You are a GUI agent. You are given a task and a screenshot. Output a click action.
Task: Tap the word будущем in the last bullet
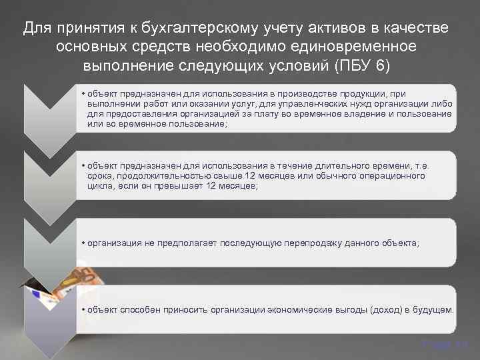coord(433,310)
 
